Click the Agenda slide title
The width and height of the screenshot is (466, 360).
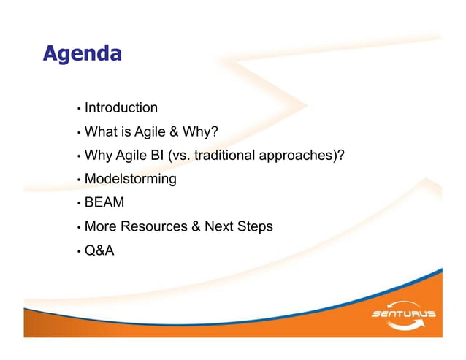point(82,53)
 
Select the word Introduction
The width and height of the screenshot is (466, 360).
point(121,108)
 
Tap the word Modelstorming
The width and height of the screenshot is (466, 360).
point(131,179)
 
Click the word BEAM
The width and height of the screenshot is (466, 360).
point(104,203)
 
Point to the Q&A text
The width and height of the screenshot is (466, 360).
point(99,250)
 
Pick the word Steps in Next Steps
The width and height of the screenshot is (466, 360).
point(255,226)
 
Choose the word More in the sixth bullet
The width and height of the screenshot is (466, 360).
point(101,226)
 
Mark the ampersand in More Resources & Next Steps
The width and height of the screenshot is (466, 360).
point(196,226)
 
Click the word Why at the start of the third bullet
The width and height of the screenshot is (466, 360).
point(98,156)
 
